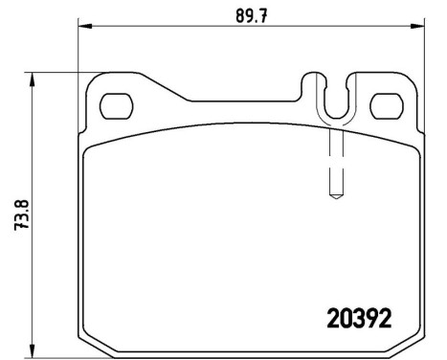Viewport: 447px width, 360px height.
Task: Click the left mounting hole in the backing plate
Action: (x=117, y=102)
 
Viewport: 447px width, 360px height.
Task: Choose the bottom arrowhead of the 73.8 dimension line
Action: (x=34, y=350)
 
